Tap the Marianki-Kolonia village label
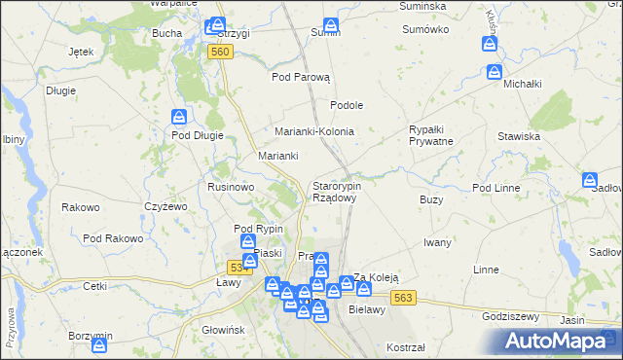(313, 131)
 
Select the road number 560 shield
(220, 52)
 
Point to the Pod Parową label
(302, 77)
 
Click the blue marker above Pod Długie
(179, 117)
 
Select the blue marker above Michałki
(495, 71)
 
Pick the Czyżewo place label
(165, 205)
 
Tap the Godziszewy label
(511, 315)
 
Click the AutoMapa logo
(559, 341)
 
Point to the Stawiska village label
(519, 136)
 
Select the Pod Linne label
(496, 187)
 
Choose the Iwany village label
(440, 242)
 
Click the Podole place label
(347, 105)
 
